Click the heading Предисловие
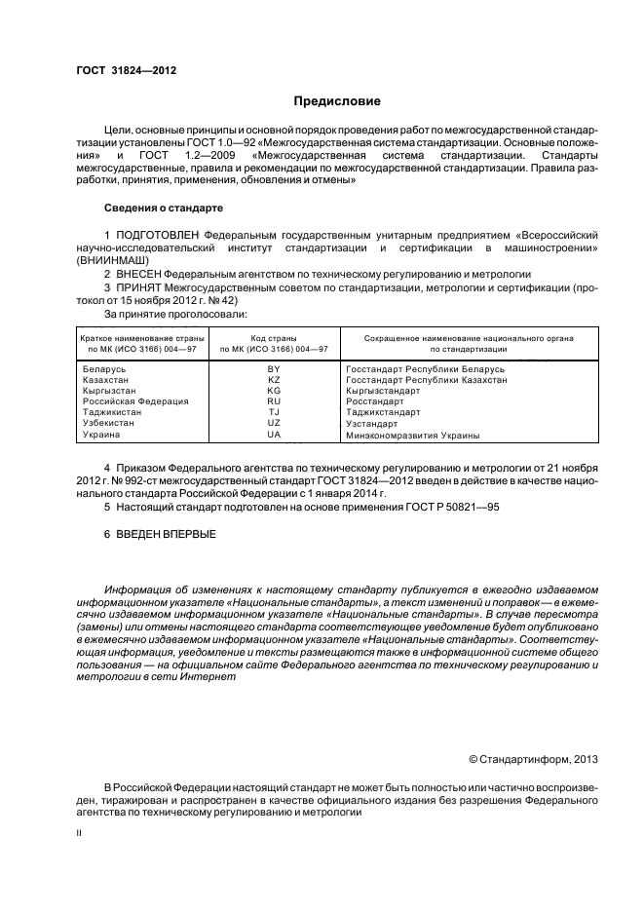[337, 101]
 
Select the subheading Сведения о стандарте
[163, 208]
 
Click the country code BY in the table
[274, 369]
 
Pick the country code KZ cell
[274, 380]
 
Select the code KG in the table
[274, 391]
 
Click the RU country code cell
[274, 401]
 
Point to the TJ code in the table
[274, 412]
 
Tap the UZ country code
[274, 423]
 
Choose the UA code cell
[274, 435]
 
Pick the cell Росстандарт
[374, 401]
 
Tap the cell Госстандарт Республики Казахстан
[426, 380]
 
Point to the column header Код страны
[274, 337]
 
